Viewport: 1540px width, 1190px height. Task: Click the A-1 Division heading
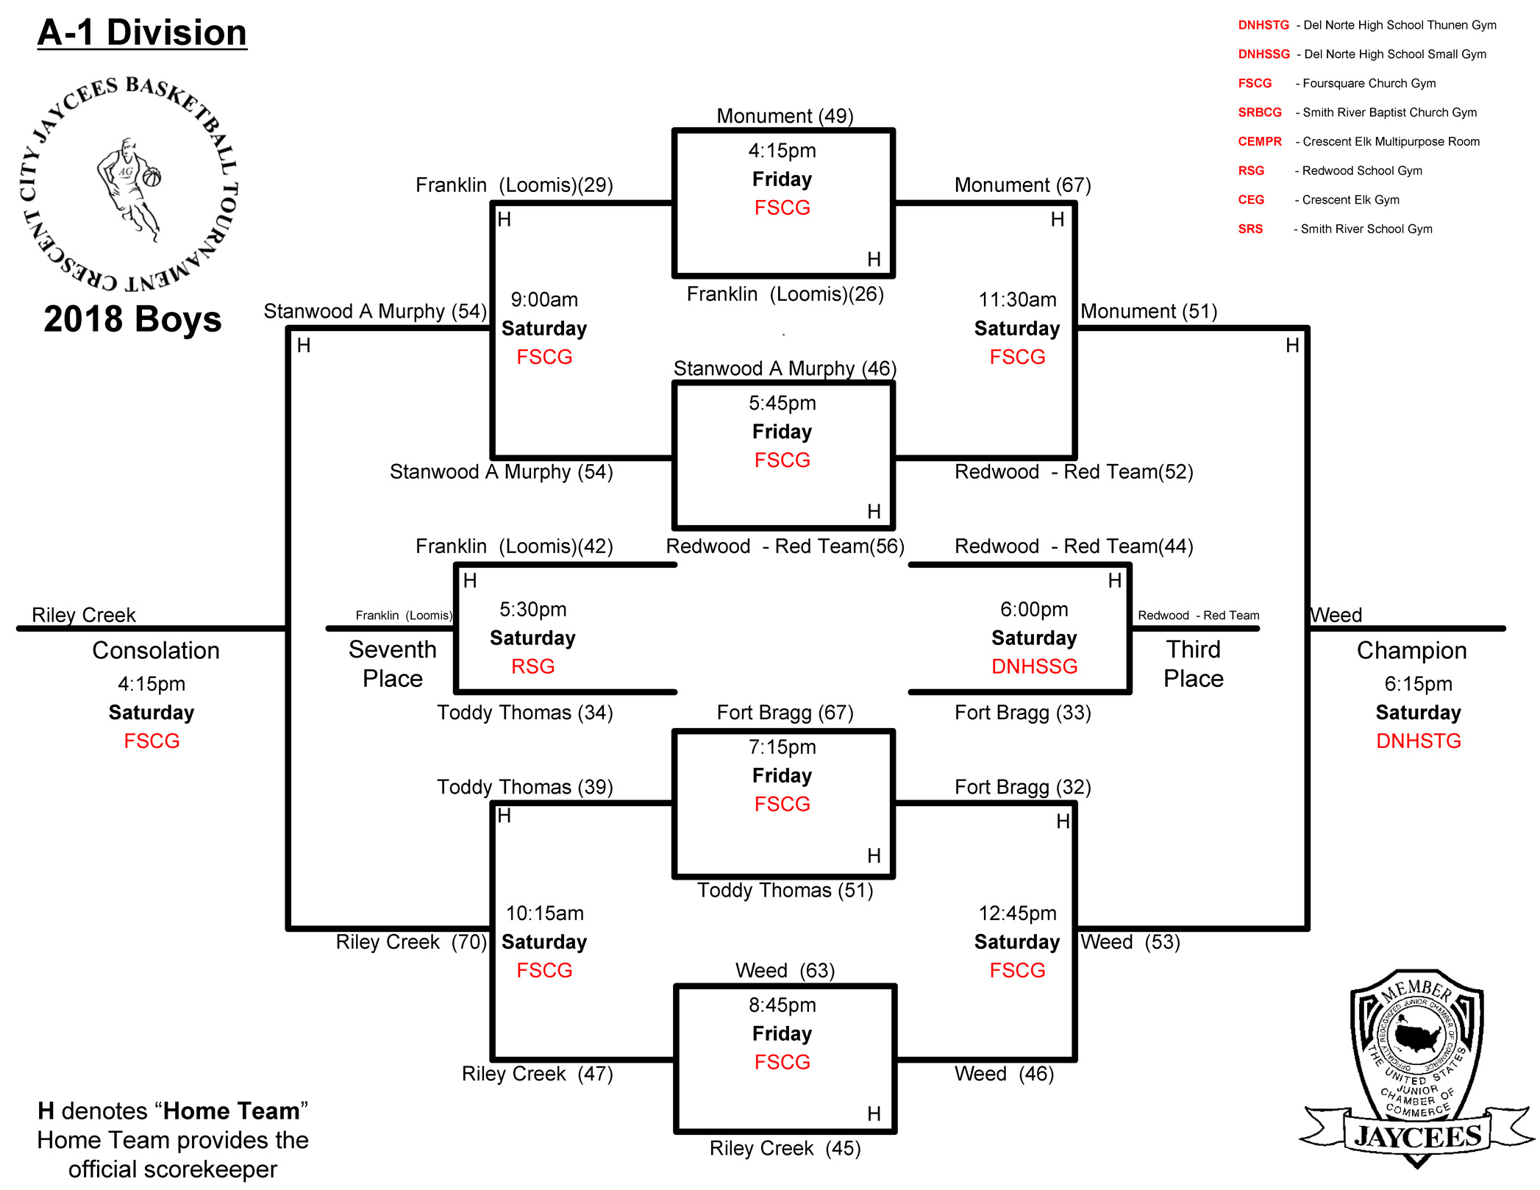pos(142,33)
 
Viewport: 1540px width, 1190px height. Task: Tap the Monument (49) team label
pos(785,115)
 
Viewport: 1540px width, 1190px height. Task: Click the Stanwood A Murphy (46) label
pos(785,368)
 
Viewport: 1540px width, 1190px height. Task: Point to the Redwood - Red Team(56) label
pos(785,546)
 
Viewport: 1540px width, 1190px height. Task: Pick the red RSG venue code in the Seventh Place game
pos(532,666)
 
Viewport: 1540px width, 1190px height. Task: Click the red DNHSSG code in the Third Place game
pos(1034,666)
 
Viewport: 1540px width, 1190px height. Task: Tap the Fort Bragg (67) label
pos(785,712)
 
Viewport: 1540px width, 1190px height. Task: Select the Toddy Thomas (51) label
pos(785,890)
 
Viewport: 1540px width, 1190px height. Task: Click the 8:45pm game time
pos(782,1005)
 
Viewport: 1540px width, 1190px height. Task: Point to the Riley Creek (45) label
pos(785,1148)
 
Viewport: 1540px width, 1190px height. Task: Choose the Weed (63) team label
pos(785,970)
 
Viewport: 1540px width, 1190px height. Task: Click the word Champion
pos(1411,650)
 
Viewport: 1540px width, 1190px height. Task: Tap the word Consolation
pos(156,650)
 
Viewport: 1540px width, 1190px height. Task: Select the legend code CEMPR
pos(1259,141)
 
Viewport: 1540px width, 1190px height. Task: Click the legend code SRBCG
pos(1259,113)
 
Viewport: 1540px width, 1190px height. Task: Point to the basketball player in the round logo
pos(129,188)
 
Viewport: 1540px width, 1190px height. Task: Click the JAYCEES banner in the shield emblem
pos(1417,1136)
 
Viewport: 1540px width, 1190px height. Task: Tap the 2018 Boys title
pos(132,318)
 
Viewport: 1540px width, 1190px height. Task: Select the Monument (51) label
pos(1149,311)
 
